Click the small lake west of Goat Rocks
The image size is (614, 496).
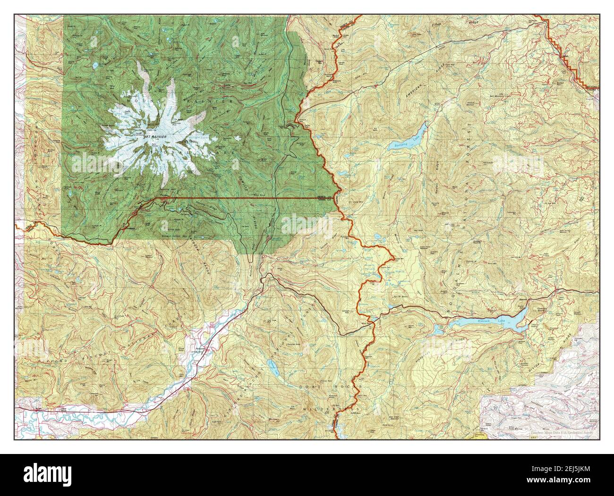click(x=271, y=365)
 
